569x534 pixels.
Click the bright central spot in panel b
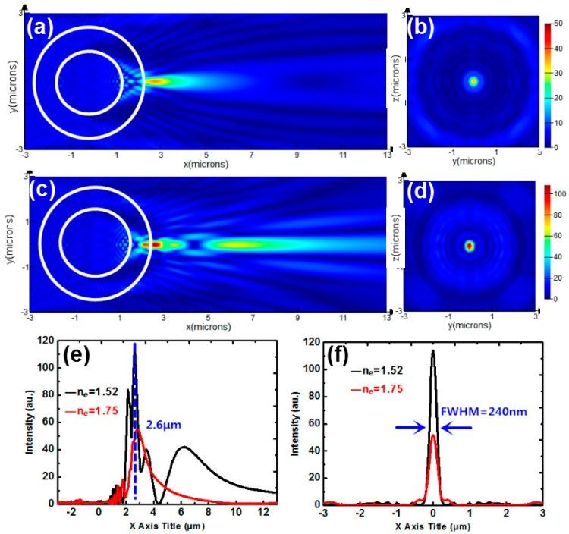[473, 80]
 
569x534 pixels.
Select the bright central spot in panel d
[469, 246]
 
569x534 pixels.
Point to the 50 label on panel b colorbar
[558, 25]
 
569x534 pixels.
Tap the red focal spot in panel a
[155, 80]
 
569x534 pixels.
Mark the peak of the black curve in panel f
[432, 352]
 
